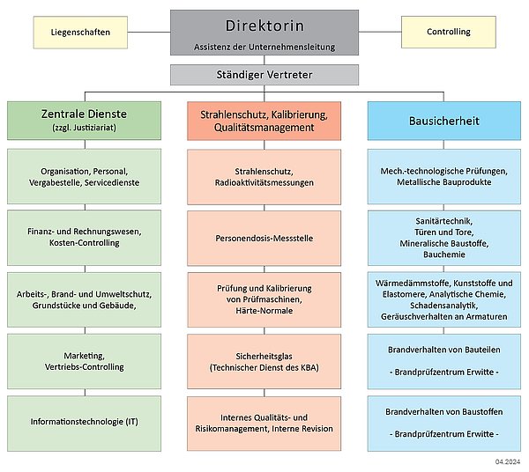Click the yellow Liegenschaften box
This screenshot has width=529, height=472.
coord(80,33)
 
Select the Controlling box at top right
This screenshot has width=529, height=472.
coord(449,32)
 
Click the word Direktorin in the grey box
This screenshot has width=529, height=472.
coord(264,26)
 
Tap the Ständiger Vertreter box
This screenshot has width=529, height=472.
coord(264,75)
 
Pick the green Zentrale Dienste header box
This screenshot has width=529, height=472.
coord(84,121)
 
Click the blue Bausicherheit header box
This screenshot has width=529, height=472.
coord(444,121)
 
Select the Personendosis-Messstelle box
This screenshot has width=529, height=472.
coord(264,238)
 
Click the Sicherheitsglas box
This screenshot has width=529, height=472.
coord(264,362)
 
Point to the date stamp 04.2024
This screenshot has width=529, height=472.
coord(508,461)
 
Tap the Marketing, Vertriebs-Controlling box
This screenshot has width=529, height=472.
coord(84,361)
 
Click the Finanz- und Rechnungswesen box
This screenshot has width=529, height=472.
coord(84,238)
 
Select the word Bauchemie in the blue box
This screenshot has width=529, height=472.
coord(444,254)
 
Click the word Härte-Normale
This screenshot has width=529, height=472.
coord(264,311)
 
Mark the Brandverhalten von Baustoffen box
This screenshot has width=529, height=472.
coord(444,424)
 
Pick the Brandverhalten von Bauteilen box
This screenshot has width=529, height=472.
coord(444,362)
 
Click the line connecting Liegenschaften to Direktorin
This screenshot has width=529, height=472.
coord(149,33)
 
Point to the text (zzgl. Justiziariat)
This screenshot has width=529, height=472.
coord(84,128)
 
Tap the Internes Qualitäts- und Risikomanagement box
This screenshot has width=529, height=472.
coord(264,424)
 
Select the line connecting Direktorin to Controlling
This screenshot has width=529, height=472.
coord(380,32)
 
